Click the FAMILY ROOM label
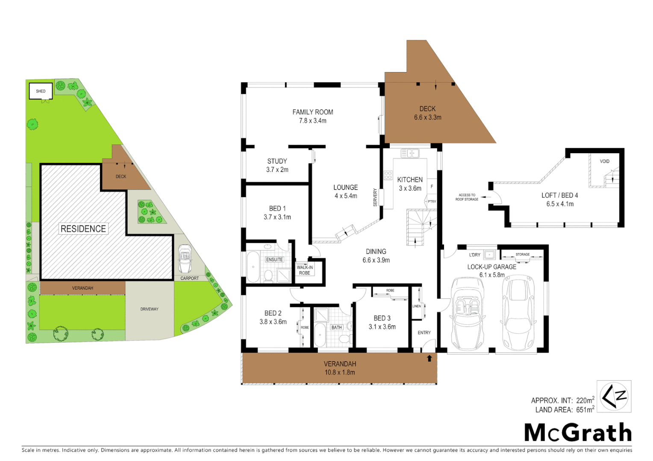click(312, 112)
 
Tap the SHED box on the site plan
click(41, 91)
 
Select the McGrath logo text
click(578, 433)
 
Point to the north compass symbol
click(614, 397)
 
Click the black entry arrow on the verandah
click(429, 359)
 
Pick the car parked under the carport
click(185, 259)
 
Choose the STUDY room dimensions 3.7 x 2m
click(277, 170)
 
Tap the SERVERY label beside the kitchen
click(376, 197)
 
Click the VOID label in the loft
click(604, 161)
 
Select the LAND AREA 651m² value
click(585, 410)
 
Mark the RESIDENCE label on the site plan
click(83, 229)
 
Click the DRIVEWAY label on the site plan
click(149, 309)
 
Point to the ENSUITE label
click(274, 260)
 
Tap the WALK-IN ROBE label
click(305, 270)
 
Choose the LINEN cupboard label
click(417, 306)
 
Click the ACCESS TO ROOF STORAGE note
click(467, 197)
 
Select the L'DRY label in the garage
click(475, 255)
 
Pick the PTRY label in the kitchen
click(432, 201)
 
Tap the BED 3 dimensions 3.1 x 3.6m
click(382, 327)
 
